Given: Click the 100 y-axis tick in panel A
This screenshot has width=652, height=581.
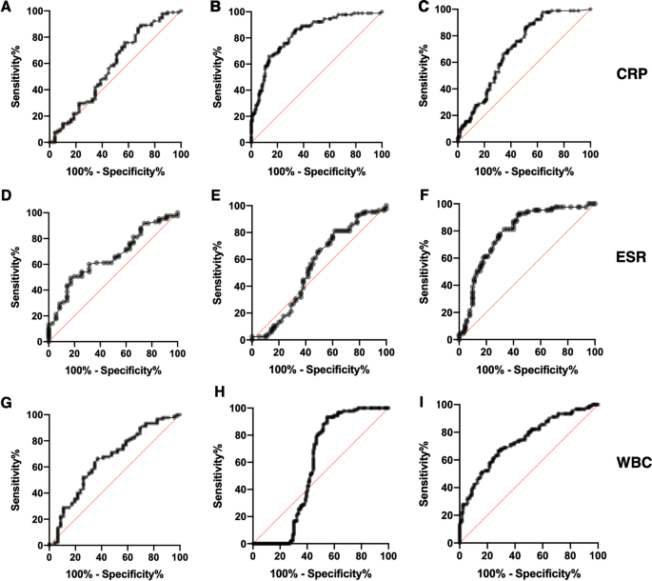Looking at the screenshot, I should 34,11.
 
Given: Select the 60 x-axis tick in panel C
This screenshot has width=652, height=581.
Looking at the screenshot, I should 537,153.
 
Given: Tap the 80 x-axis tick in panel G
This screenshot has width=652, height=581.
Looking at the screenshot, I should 154,555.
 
